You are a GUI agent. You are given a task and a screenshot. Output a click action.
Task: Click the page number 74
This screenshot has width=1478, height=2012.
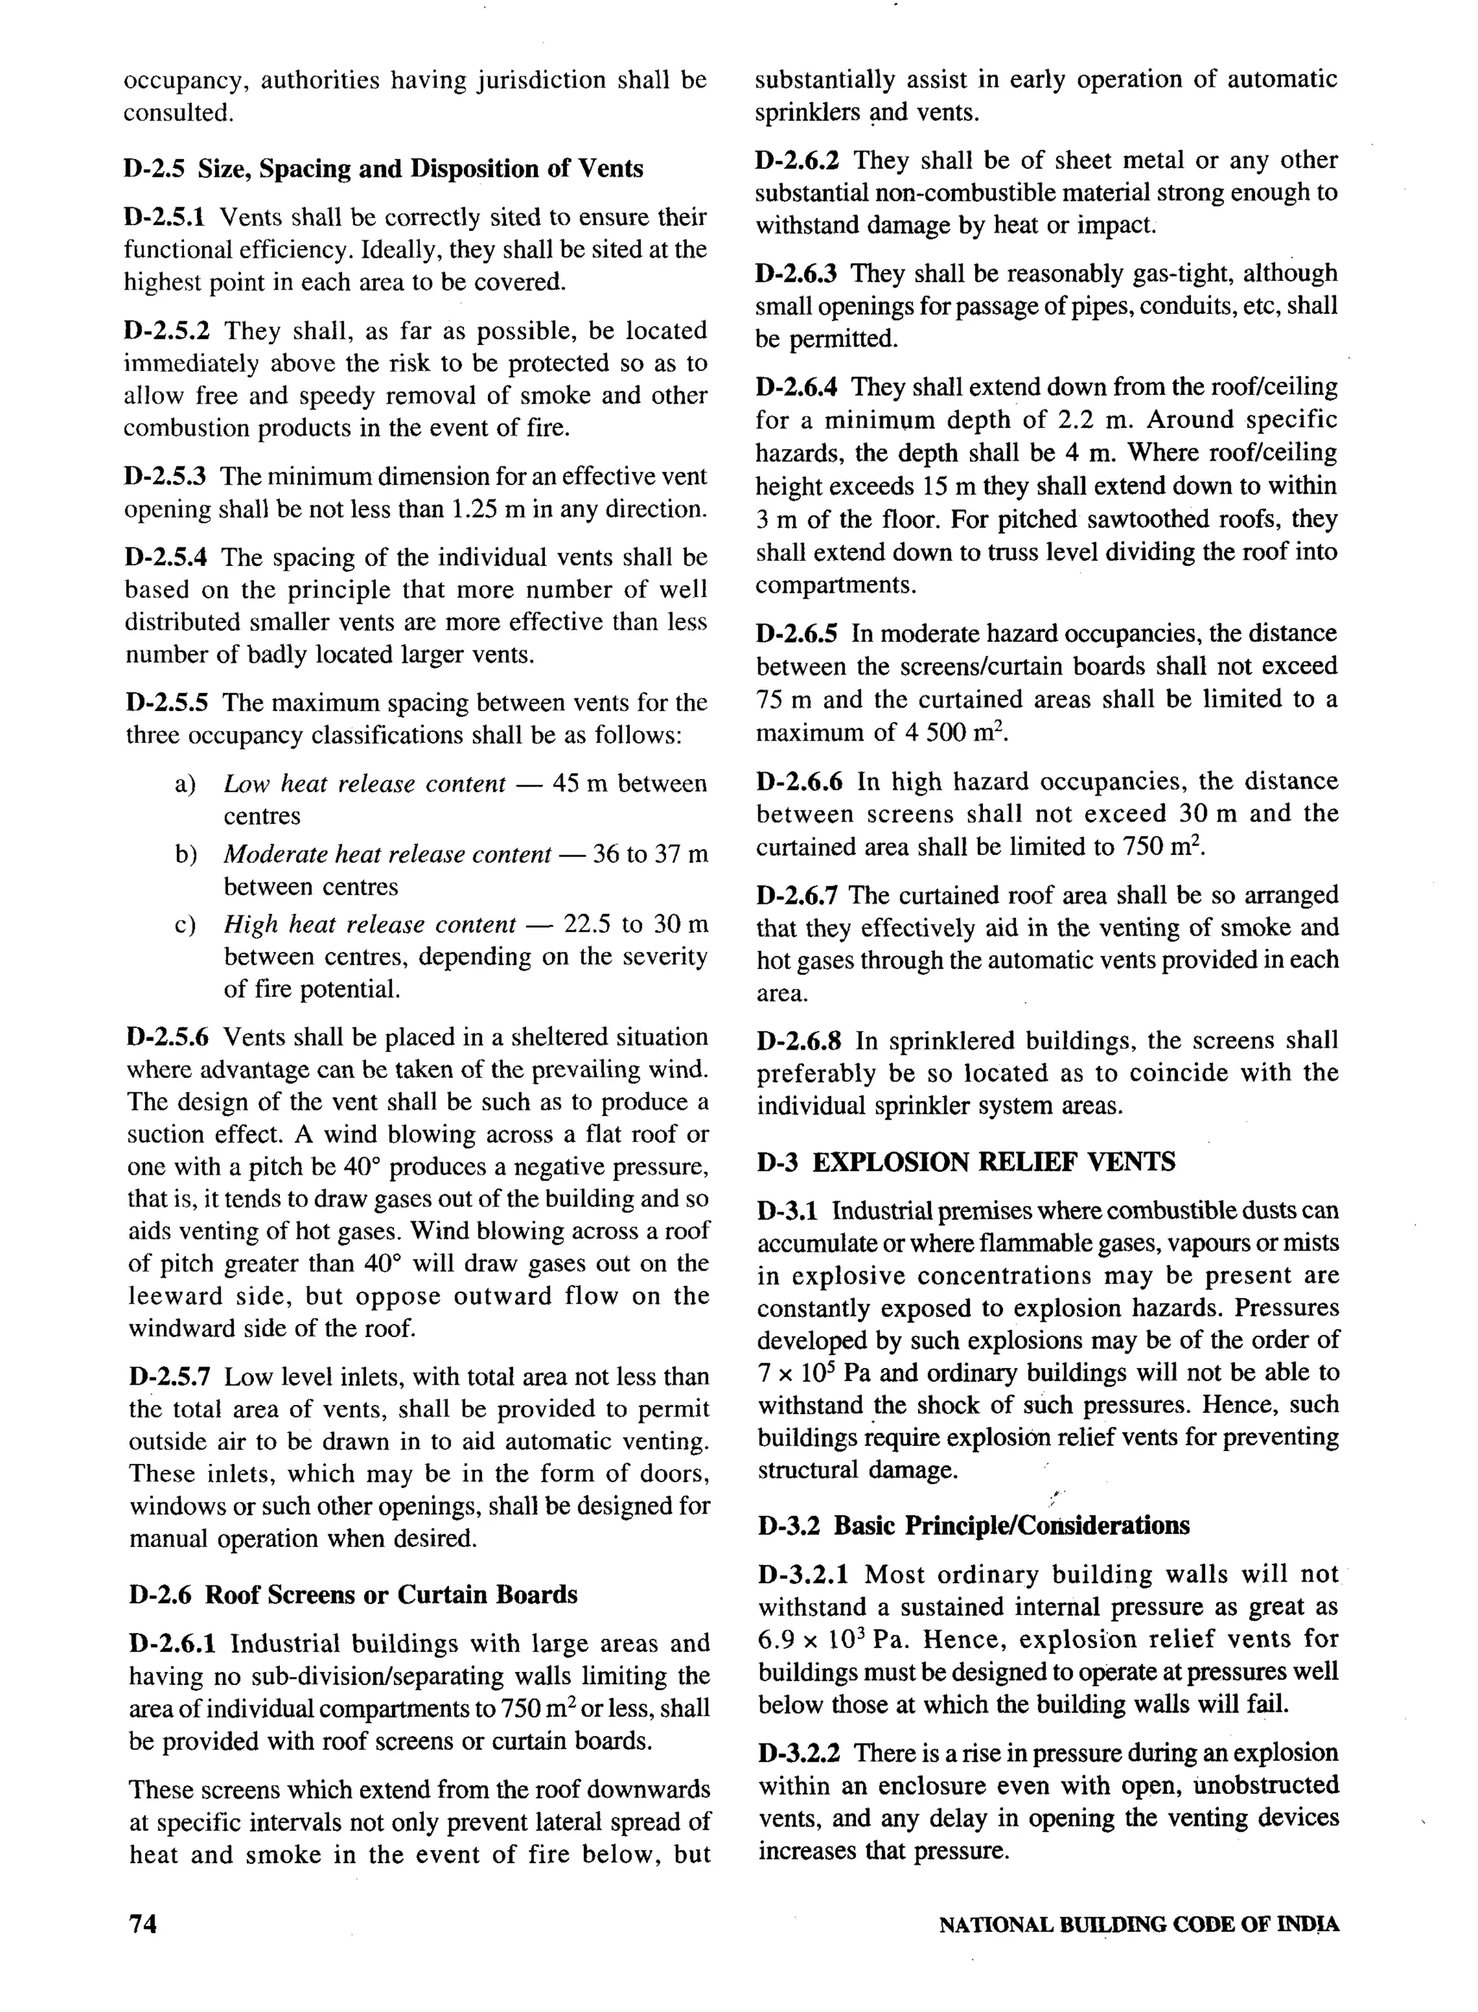click(143, 1925)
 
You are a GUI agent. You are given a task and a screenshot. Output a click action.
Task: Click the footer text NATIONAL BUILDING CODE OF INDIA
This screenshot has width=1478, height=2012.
click(1138, 1925)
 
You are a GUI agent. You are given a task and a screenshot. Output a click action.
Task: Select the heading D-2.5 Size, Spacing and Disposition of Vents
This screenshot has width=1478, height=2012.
click(383, 168)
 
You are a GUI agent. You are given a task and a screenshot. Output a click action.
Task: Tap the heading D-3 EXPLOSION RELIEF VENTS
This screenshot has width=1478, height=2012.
click(966, 1162)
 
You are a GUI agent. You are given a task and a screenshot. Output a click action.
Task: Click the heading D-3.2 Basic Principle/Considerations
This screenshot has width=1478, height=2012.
click(974, 1525)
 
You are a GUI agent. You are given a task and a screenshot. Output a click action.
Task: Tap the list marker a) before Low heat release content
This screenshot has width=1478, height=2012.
click(185, 784)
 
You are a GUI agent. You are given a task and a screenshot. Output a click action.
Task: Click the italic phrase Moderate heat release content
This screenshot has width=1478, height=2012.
click(387, 854)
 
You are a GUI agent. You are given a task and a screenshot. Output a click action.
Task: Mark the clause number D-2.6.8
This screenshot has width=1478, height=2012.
click(799, 1041)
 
